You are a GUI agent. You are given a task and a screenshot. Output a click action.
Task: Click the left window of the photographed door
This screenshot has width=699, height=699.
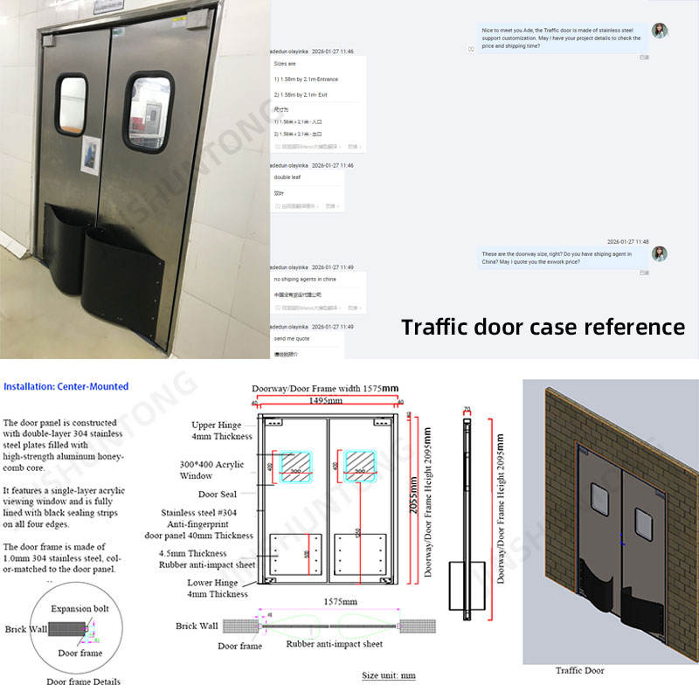coord(72,106)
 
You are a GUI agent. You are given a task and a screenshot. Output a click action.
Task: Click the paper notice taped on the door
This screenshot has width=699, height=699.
coord(90,156)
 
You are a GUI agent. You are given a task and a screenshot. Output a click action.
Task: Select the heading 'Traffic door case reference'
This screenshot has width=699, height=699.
coord(543,327)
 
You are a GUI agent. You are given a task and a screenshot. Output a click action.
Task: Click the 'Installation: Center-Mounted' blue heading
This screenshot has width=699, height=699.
coord(66,386)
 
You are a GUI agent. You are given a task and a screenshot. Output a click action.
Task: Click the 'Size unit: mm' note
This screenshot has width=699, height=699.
coord(389,675)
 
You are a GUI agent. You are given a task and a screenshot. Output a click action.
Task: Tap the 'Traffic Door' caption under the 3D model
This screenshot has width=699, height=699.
coord(581,670)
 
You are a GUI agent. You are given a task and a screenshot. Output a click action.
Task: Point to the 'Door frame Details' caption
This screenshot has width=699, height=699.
coord(83,682)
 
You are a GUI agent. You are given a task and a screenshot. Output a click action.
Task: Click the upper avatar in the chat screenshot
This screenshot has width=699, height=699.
coord(660,31)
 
